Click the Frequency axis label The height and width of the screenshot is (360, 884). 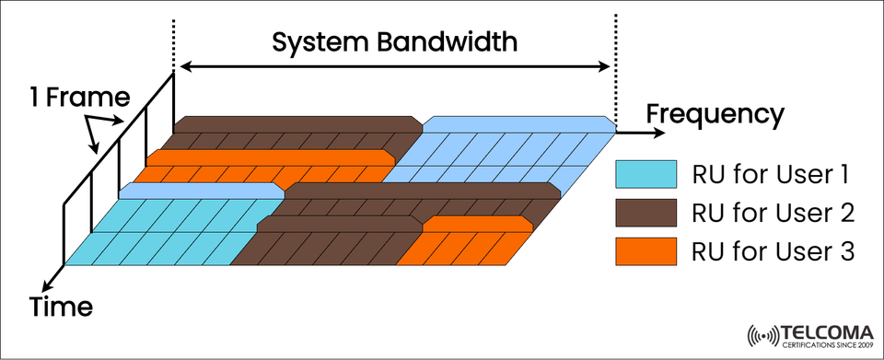pos(715,114)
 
